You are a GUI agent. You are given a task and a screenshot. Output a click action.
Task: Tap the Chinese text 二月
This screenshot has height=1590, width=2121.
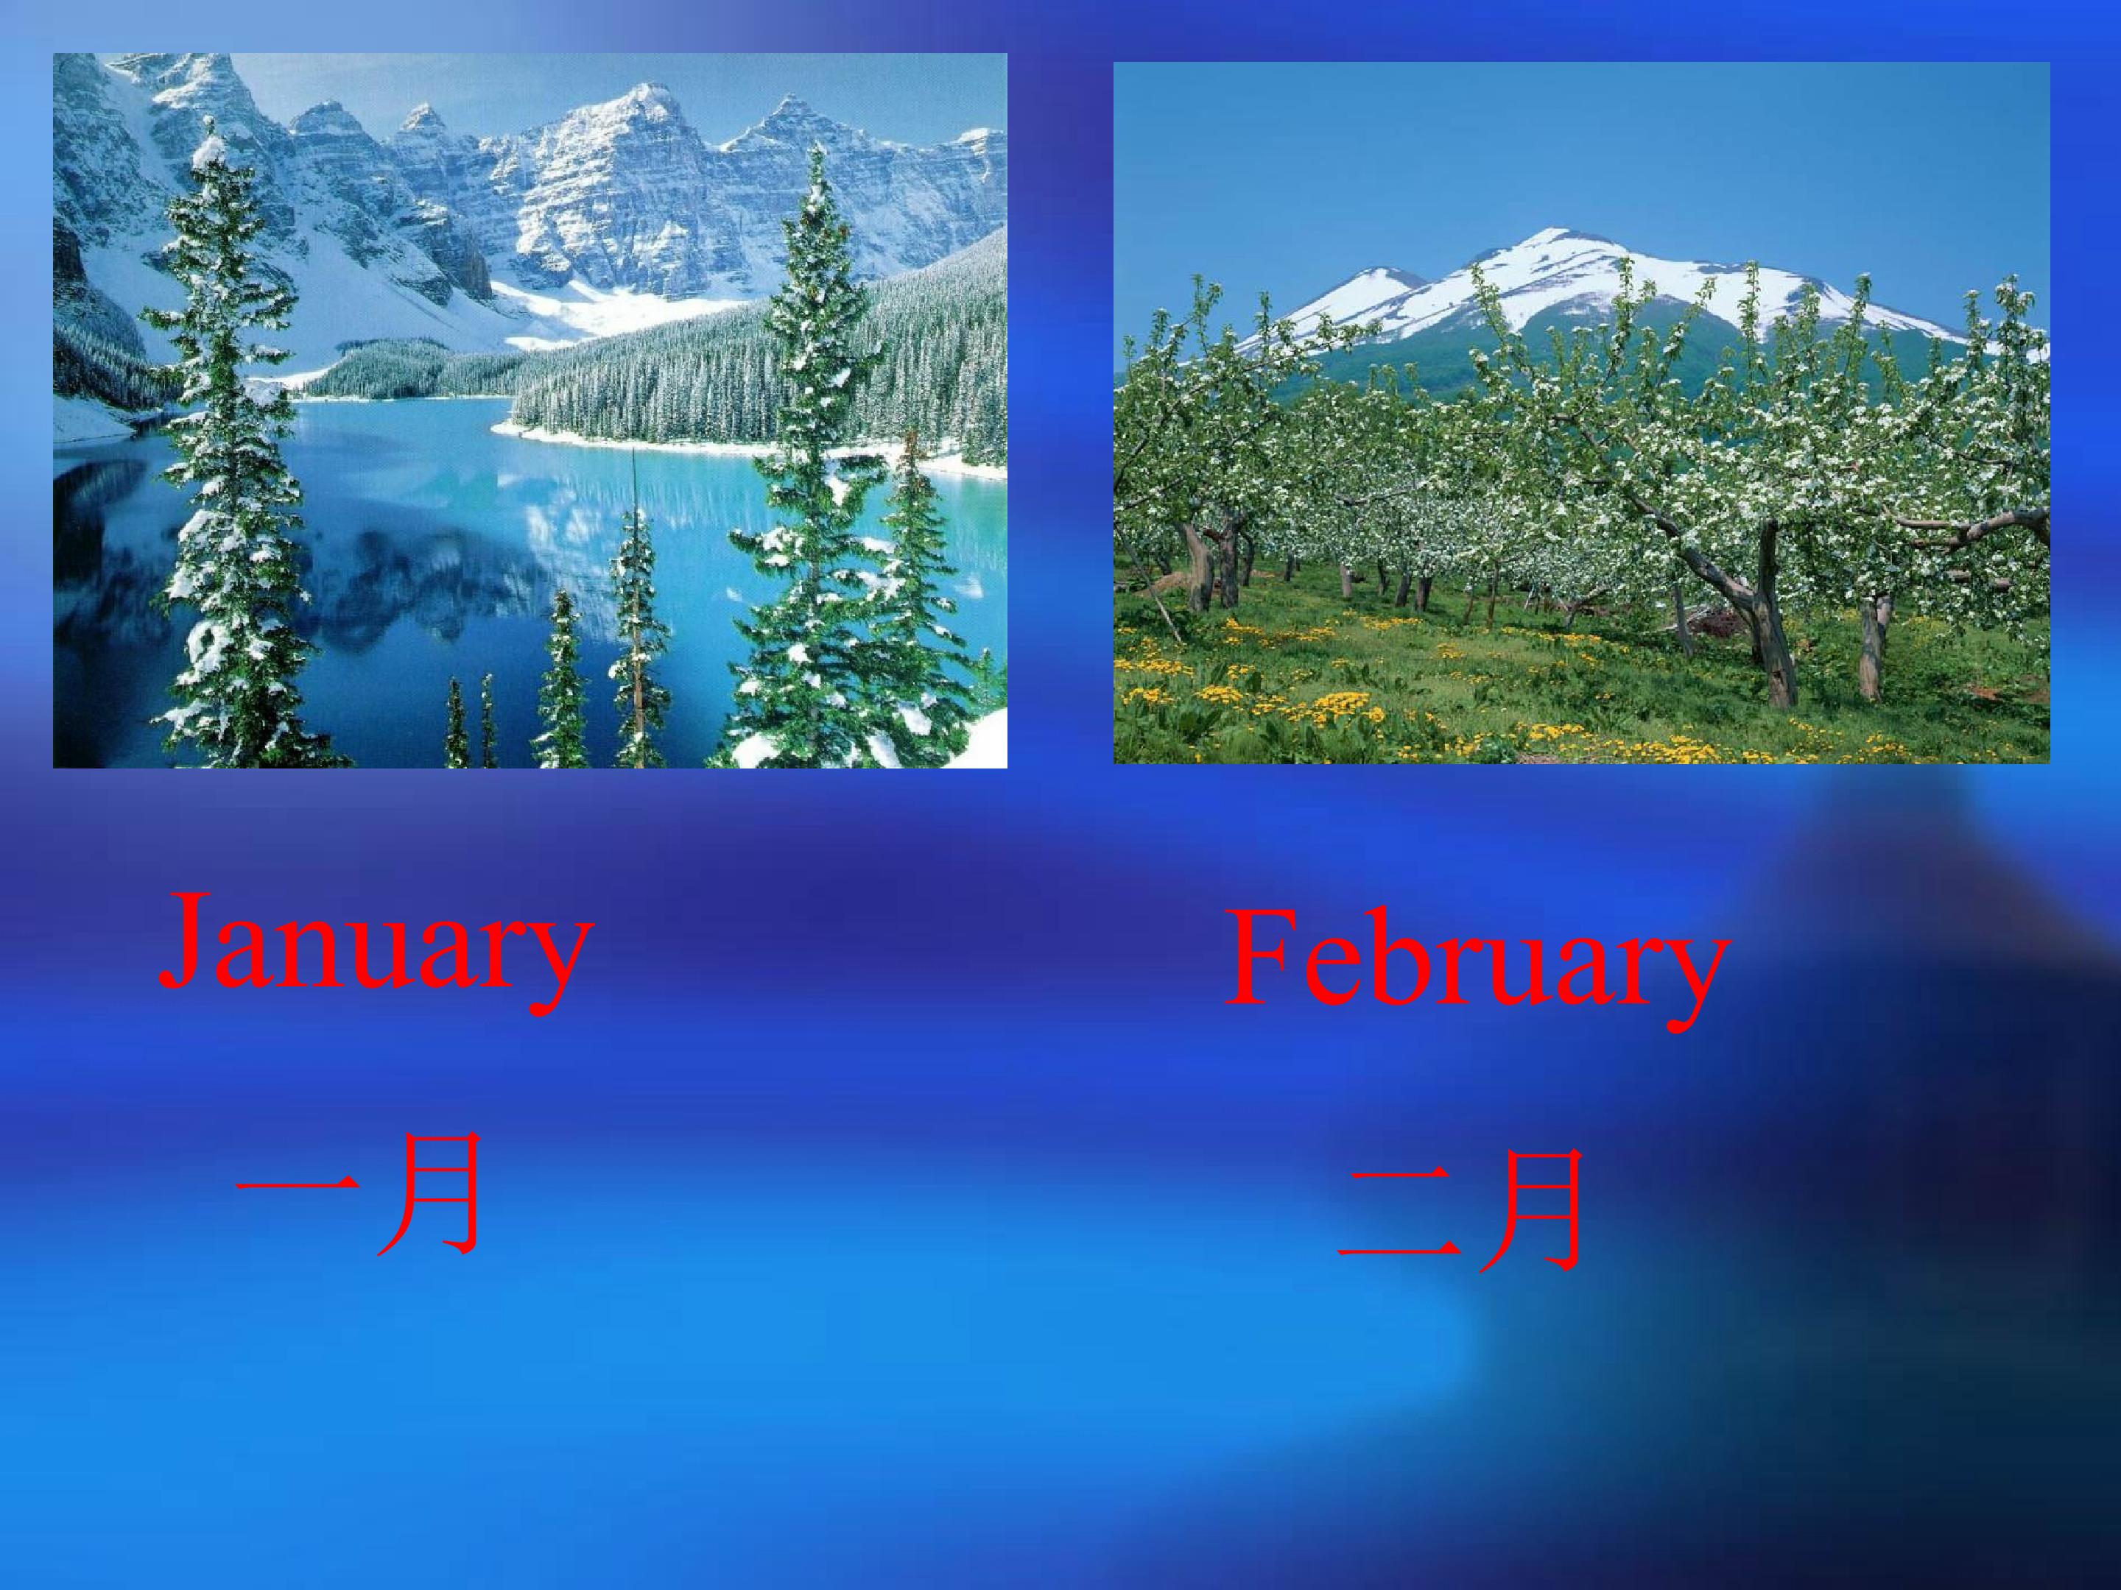(x=1458, y=1212)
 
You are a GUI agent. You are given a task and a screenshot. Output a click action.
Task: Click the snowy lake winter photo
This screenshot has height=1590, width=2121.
(x=530, y=410)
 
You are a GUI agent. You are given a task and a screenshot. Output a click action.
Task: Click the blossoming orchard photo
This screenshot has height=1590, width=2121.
(x=1582, y=413)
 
